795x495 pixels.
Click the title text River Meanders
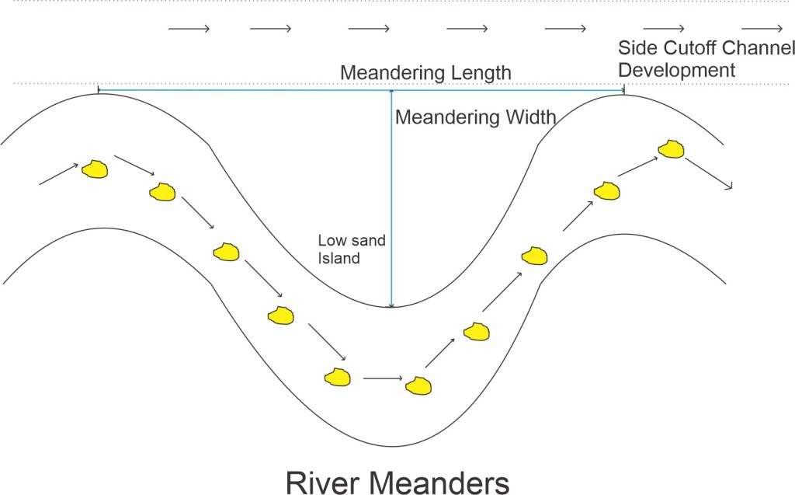click(x=397, y=483)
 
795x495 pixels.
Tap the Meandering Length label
click(x=426, y=73)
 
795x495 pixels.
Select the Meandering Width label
click(x=476, y=118)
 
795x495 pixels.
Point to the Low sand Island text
click(x=351, y=249)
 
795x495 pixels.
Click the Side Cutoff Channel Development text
click(x=706, y=58)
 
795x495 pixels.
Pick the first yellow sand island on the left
click(x=95, y=169)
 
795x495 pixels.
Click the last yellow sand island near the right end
click(x=671, y=148)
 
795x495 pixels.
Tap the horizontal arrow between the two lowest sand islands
click(x=383, y=378)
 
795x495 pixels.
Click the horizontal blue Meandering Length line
click(x=248, y=92)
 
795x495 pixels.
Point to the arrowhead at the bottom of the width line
click(x=392, y=305)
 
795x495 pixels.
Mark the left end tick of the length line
click(x=98, y=91)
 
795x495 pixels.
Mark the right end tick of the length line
click(x=625, y=92)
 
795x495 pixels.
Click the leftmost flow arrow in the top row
click(x=189, y=30)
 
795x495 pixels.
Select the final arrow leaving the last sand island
click(x=710, y=176)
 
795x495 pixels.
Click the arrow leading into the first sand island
click(x=59, y=174)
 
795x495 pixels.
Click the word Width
click(x=530, y=118)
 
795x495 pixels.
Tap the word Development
click(x=676, y=70)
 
